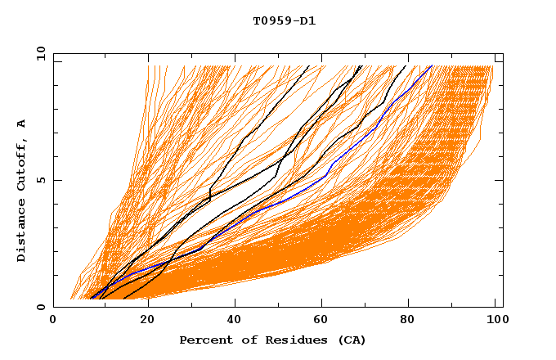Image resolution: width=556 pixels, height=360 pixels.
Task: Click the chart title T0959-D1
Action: click(284, 21)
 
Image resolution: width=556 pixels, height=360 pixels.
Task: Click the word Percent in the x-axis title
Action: click(204, 340)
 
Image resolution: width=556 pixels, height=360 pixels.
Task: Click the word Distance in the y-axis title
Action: click(22, 230)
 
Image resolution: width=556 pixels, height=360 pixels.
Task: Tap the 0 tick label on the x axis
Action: click(54, 322)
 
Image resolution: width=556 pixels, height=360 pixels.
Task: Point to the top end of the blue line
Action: click(432, 66)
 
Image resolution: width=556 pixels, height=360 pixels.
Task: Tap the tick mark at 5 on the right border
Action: click(499, 180)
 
